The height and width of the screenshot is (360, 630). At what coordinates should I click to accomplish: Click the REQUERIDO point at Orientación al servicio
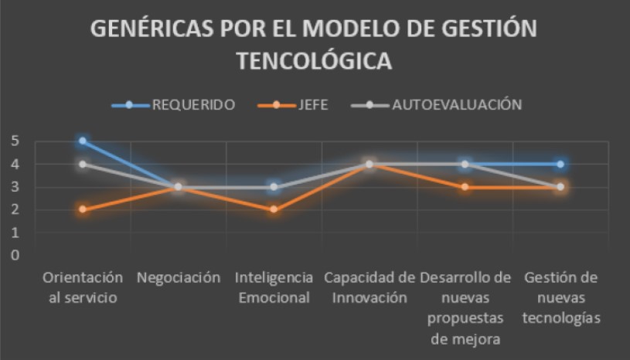point(83,141)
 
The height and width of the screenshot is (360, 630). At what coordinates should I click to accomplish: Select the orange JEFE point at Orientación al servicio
point(83,209)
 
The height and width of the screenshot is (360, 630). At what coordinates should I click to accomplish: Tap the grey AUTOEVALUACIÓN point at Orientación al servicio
point(83,164)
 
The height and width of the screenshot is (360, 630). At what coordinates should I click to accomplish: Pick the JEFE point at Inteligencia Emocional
point(274,209)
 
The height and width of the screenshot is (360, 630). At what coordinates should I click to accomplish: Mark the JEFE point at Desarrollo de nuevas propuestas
point(465,187)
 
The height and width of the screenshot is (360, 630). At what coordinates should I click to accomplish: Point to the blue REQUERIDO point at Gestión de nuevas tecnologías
point(560,164)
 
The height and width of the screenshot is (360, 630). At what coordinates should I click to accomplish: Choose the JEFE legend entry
point(308,105)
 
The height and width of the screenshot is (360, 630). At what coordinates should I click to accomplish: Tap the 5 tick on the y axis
point(15,141)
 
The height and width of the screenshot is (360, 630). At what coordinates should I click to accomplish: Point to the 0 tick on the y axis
point(15,255)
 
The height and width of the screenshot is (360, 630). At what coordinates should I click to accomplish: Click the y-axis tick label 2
point(15,209)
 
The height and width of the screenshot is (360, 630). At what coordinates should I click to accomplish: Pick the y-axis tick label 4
point(15,164)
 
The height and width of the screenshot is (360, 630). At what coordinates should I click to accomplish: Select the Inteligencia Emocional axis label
point(274,287)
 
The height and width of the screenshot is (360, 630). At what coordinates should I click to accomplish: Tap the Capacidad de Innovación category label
point(369,287)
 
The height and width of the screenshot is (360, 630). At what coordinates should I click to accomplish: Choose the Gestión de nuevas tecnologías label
point(560,297)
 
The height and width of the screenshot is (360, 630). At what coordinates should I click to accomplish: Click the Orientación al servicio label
point(83,287)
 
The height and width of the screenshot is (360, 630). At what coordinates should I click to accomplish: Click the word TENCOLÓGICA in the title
point(314,61)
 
